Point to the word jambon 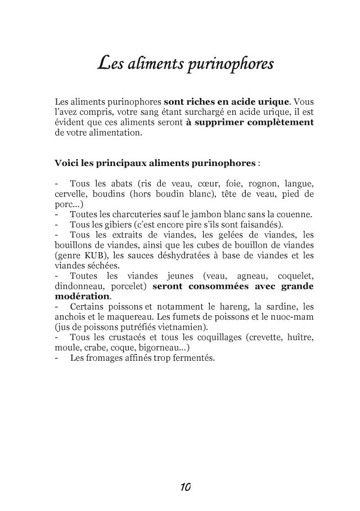click(188, 214)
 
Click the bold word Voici click(66, 164)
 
